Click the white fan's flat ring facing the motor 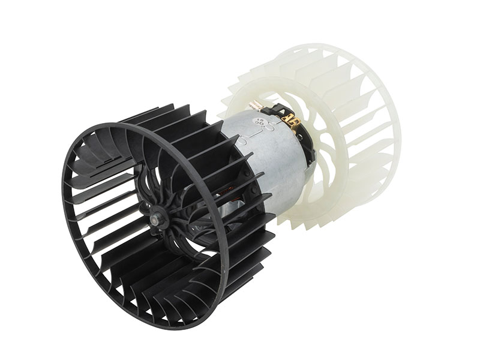(252, 90)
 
